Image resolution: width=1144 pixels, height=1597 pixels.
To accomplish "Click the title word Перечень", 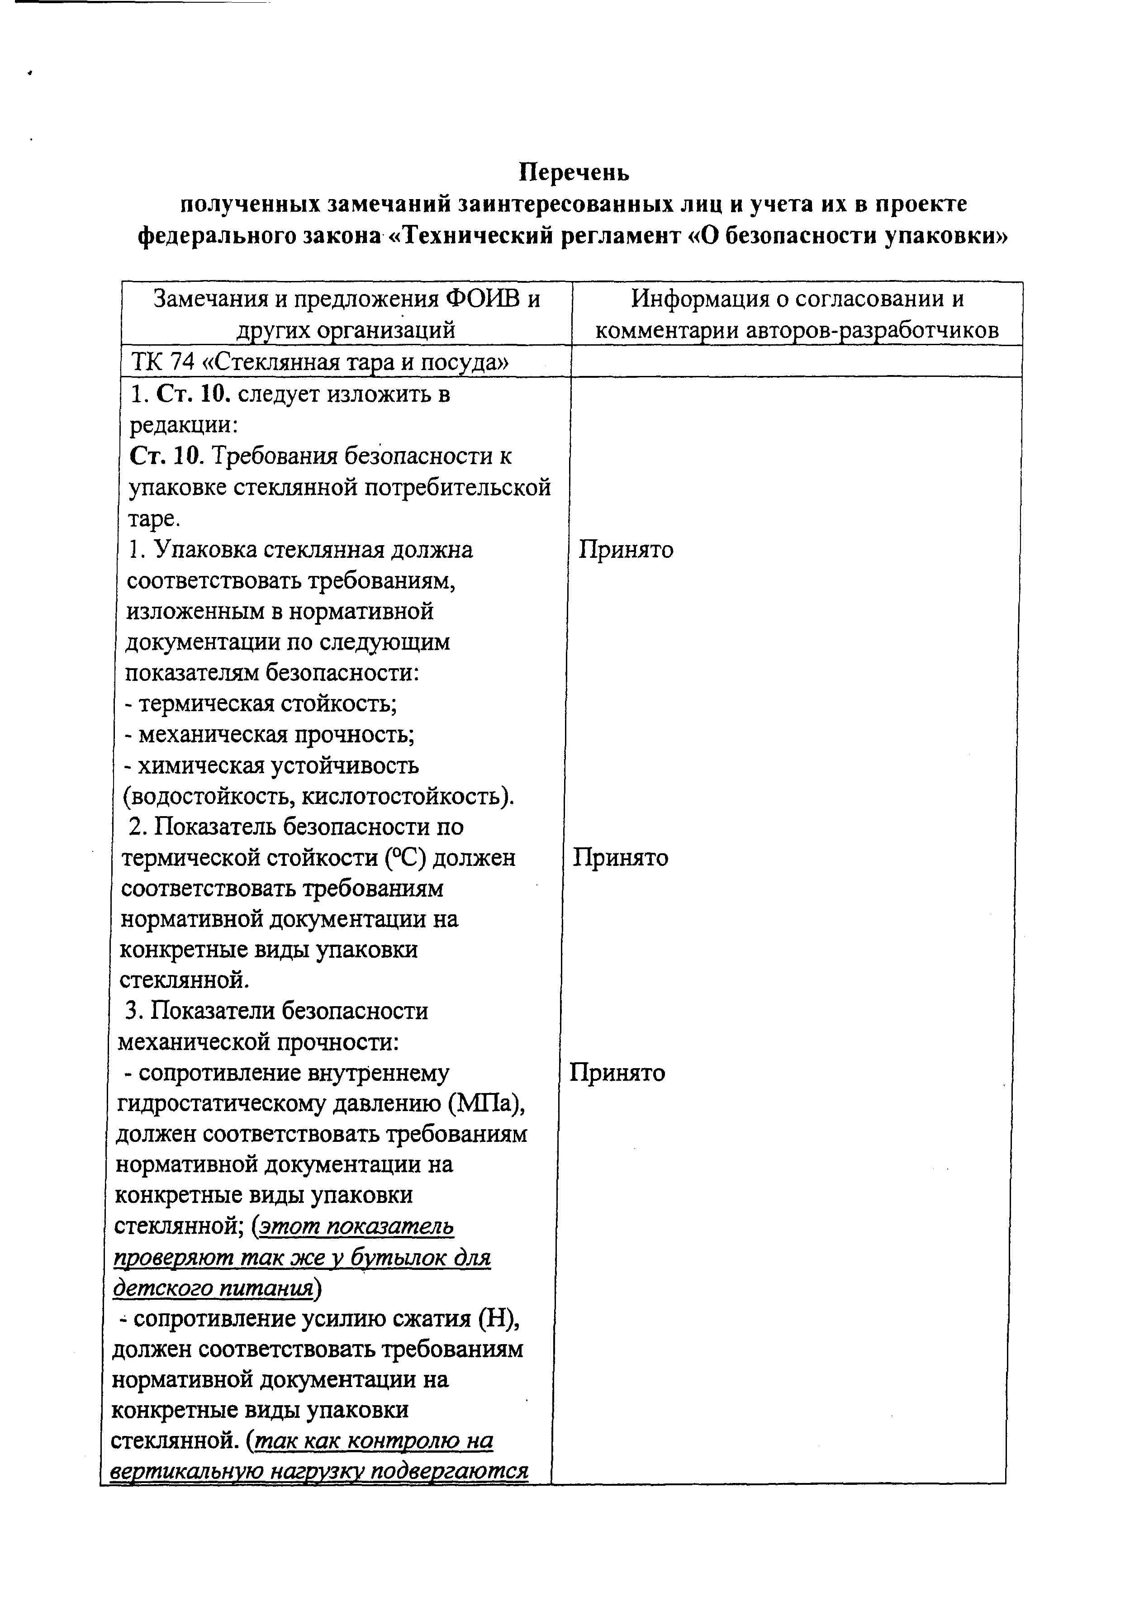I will (x=574, y=172).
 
